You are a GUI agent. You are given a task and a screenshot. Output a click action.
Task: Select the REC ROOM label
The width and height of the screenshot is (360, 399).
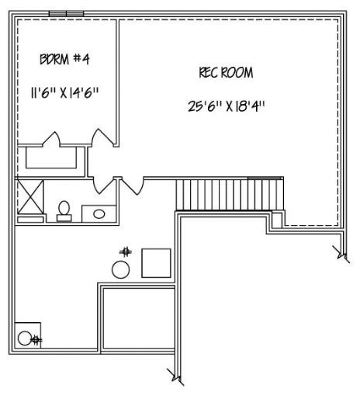pos(226,73)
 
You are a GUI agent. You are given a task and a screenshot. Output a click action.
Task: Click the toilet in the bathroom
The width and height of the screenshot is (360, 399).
pos(64,210)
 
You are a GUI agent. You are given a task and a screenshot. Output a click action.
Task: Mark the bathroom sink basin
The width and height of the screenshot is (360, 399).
pos(99,212)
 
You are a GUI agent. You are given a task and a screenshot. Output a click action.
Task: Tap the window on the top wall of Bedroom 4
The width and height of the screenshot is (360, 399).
pos(67,13)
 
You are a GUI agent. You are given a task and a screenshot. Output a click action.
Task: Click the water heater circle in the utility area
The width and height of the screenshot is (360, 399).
pos(121,270)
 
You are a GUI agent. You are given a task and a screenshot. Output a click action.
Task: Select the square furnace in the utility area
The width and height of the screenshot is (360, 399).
pos(156,262)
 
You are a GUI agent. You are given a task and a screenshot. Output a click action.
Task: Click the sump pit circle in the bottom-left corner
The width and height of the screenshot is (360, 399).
pos(25,338)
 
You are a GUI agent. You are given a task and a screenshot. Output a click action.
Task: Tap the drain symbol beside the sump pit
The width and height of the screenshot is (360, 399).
pos(36,339)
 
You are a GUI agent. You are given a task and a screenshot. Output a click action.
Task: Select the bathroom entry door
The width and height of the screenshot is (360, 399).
pos(104,186)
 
